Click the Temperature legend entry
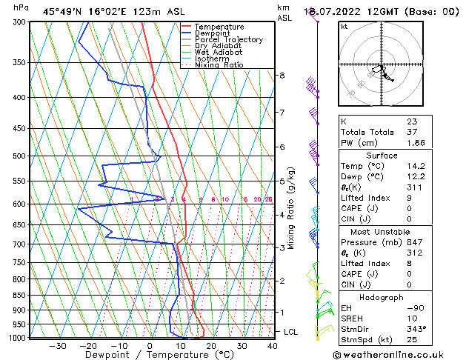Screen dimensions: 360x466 [220, 27]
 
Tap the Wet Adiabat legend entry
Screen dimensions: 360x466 [219, 53]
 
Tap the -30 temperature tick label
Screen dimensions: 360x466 [57, 346]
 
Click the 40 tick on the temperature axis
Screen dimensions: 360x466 [273, 346]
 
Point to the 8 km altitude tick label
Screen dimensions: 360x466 [282, 76]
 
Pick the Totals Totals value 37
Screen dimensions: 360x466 [411, 132]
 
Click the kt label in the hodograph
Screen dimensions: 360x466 [344, 27]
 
